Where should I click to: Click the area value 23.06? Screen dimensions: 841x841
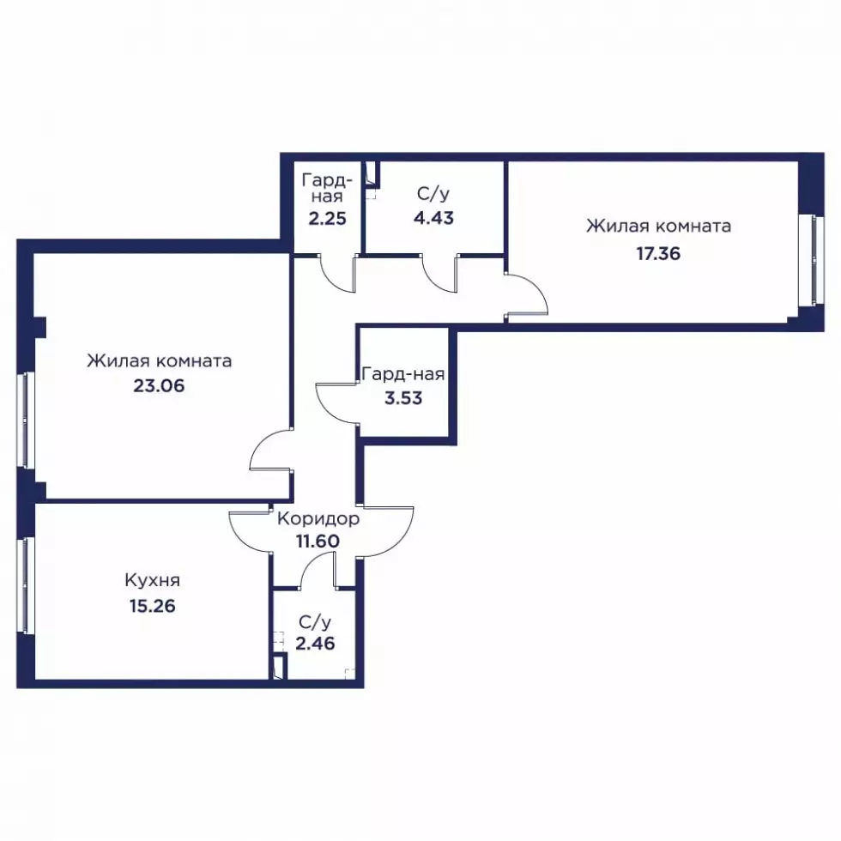click(x=159, y=385)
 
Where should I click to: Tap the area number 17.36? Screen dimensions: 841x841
click(x=658, y=253)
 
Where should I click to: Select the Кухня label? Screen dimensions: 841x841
click(x=153, y=580)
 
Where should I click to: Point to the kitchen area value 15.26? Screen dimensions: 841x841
click(x=153, y=606)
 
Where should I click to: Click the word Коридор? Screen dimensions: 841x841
click(x=318, y=518)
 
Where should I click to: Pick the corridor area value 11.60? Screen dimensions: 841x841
click(x=318, y=542)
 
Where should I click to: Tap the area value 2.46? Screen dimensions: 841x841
click(x=316, y=643)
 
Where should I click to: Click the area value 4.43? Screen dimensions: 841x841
click(x=433, y=218)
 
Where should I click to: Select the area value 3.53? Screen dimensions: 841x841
click(x=403, y=398)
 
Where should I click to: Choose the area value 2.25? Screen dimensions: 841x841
click(x=327, y=219)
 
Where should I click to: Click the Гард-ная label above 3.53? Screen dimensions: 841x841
click(x=403, y=374)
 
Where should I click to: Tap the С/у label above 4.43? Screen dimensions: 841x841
click(x=433, y=194)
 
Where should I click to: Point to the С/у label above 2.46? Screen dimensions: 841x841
click(x=316, y=622)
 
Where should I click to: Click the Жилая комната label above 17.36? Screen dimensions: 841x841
click(x=659, y=227)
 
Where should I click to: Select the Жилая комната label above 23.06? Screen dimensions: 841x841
click(x=160, y=361)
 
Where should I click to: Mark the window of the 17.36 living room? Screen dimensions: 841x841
click(x=817, y=260)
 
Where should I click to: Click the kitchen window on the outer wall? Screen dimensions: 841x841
click(x=24, y=585)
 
